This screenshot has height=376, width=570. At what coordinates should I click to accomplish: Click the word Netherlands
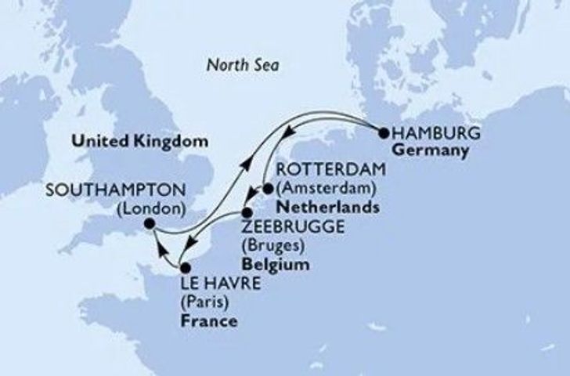coord(323,208)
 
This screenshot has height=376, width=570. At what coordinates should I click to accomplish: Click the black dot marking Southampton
coord(149,226)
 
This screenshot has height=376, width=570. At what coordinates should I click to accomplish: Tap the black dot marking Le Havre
coord(185,269)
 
